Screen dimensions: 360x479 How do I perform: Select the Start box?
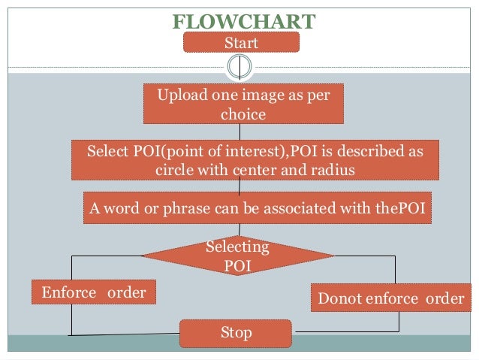pos(241,42)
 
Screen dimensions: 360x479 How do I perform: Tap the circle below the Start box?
pos(239,66)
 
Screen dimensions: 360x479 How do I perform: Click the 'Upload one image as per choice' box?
pos(243,104)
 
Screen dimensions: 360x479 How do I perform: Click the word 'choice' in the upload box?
pos(243,114)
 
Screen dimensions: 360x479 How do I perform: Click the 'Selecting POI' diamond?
pos(238,256)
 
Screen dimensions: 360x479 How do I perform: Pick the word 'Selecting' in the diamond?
pos(237,247)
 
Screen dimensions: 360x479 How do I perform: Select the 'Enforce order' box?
pos(94,292)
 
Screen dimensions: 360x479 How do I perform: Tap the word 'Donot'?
pos(339,298)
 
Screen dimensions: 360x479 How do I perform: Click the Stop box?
pos(235,332)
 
